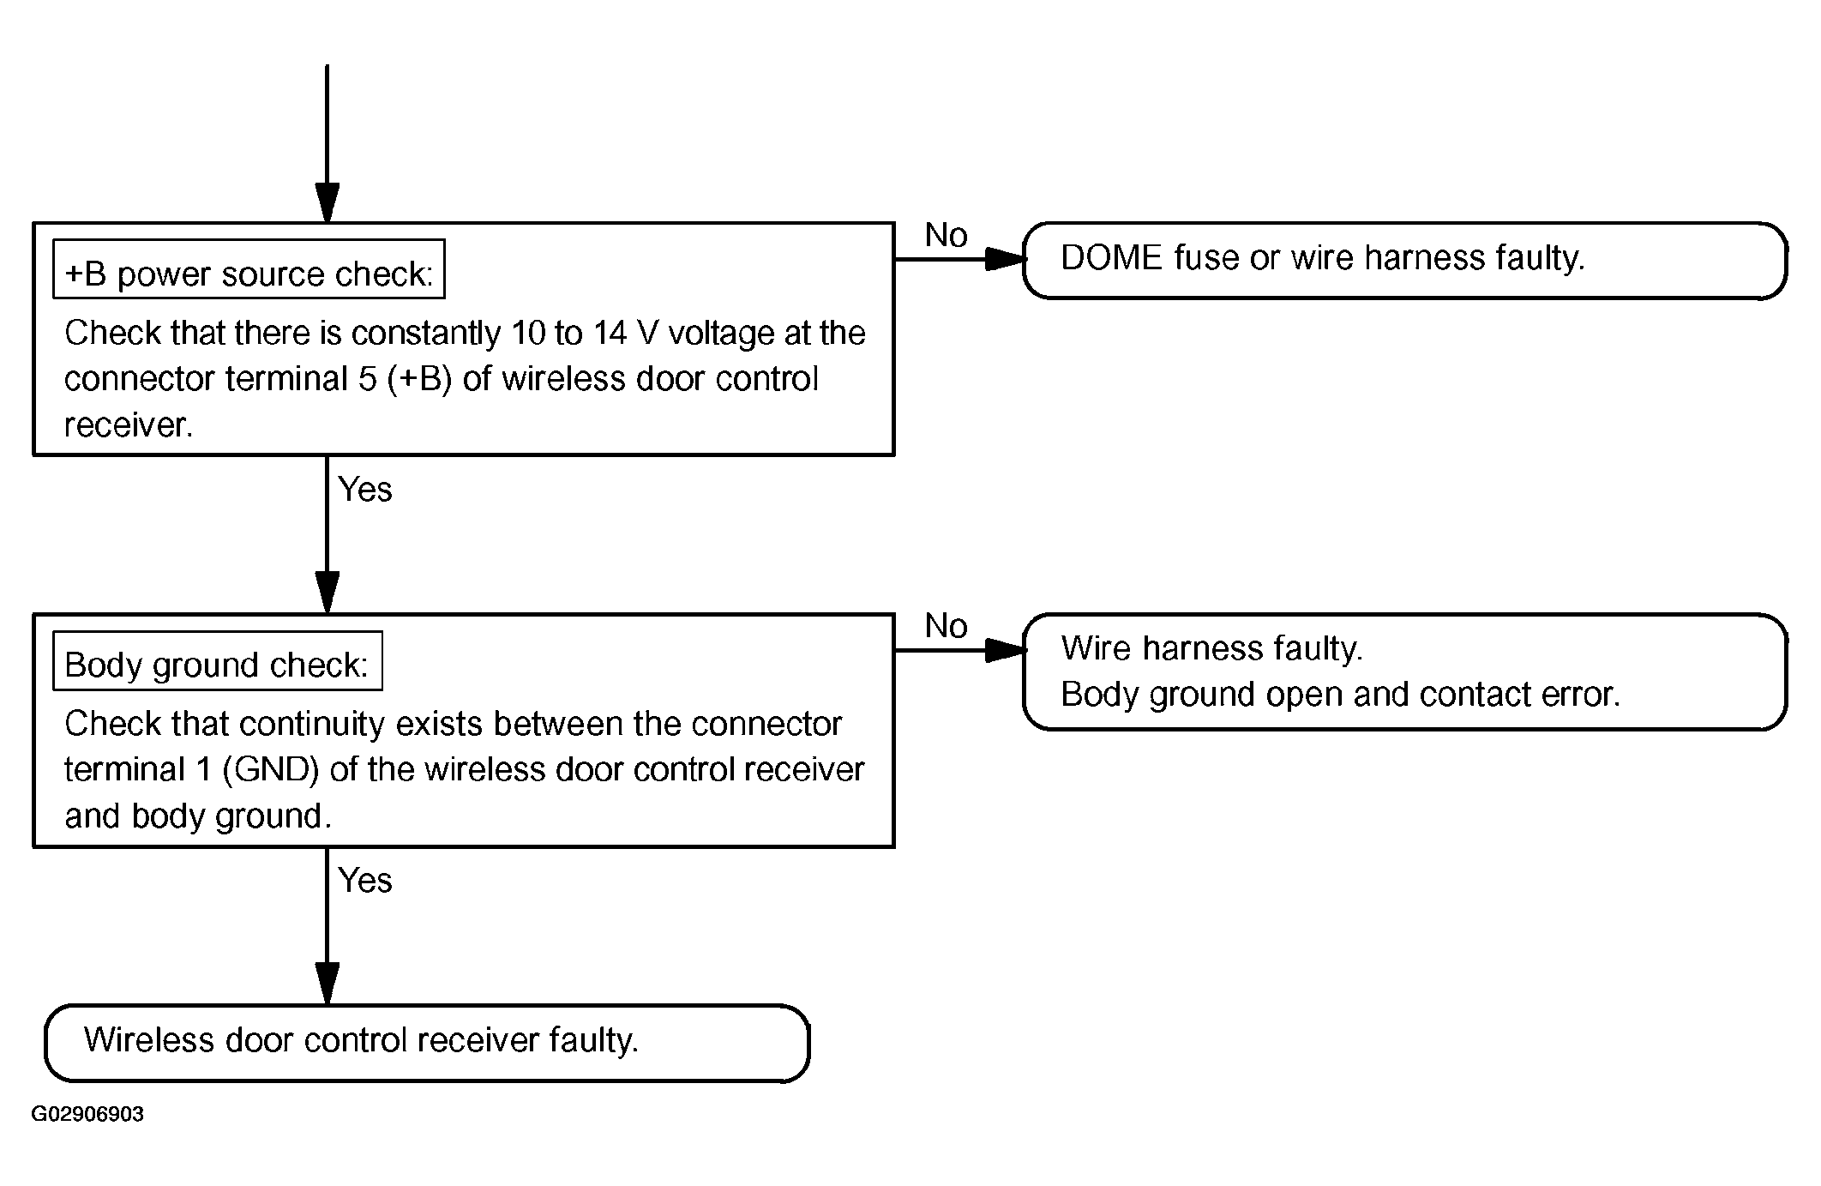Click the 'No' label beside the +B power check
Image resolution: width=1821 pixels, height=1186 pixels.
[946, 235]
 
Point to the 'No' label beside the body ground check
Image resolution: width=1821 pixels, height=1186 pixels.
[946, 626]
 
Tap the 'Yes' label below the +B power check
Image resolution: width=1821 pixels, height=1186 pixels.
[365, 490]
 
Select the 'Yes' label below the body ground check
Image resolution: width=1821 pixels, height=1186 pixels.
[365, 881]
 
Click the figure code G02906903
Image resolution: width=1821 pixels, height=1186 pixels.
[87, 1114]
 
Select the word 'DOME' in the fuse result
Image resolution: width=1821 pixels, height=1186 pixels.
[1112, 257]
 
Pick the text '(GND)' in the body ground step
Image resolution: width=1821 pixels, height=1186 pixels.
[271, 769]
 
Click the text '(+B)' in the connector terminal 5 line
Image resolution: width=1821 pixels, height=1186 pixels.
[419, 379]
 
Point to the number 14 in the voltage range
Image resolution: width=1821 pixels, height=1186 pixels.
[610, 333]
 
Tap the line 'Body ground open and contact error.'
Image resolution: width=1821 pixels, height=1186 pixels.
[1341, 695]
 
